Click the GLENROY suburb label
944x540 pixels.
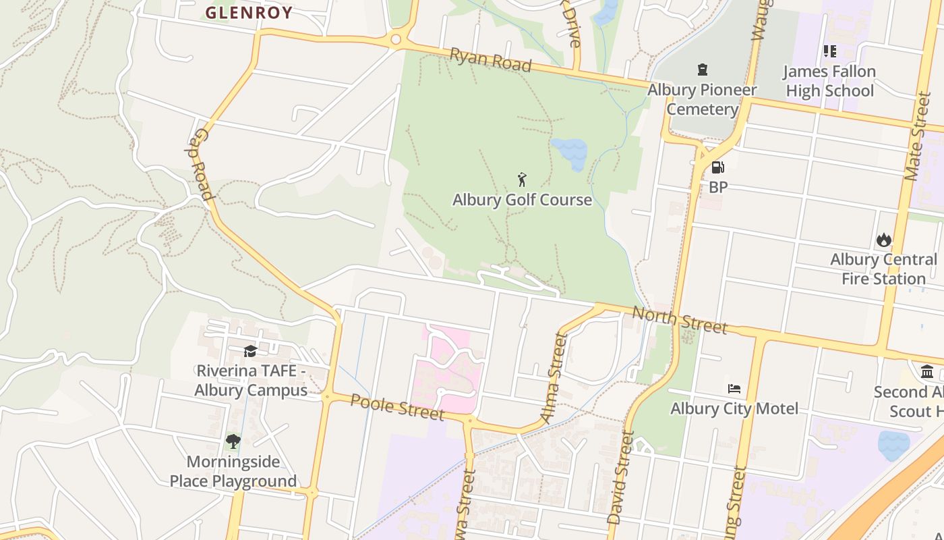pos(249,12)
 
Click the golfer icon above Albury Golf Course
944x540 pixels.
pos(522,180)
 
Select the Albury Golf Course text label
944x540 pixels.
pos(522,200)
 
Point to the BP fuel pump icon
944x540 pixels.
pos(718,167)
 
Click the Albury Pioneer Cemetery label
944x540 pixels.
pos(702,99)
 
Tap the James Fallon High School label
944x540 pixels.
pos(829,81)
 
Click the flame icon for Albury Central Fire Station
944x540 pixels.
pos(883,240)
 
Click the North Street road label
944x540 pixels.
pos(680,319)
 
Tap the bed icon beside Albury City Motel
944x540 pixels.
pos(734,389)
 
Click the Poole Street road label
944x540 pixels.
pos(397,406)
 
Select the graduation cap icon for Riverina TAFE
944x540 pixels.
pos(250,351)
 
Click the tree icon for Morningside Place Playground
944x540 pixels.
pos(233,442)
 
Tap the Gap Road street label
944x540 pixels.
pos(200,164)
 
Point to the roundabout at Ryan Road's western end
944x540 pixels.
pos(396,40)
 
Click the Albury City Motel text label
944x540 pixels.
pos(734,408)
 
